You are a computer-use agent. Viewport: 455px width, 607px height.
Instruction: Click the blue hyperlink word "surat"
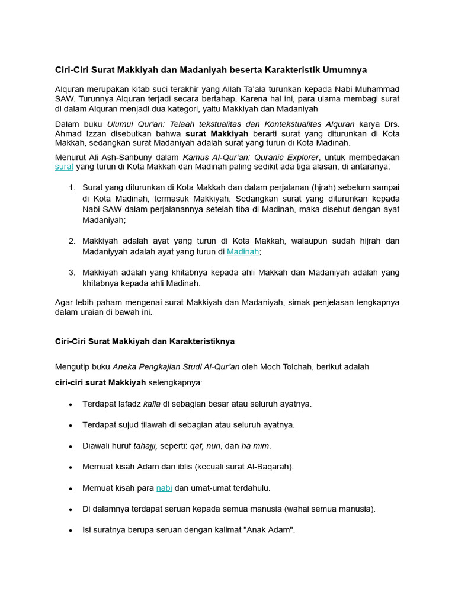(64, 167)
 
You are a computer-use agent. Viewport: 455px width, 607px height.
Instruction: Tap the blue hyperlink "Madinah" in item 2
(243, 251)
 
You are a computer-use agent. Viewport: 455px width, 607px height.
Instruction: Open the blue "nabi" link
(164, 488)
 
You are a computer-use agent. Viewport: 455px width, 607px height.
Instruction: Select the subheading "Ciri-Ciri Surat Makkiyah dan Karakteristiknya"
(145, 341)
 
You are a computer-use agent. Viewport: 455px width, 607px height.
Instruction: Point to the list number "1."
(72, 188)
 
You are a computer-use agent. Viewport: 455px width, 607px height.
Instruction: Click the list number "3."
(72, 273)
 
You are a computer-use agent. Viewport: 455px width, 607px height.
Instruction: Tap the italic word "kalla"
(152, 404)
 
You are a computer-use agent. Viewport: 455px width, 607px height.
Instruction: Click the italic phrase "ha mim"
(255, 446)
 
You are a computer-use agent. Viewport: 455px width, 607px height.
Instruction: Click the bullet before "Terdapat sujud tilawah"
(71, 425)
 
